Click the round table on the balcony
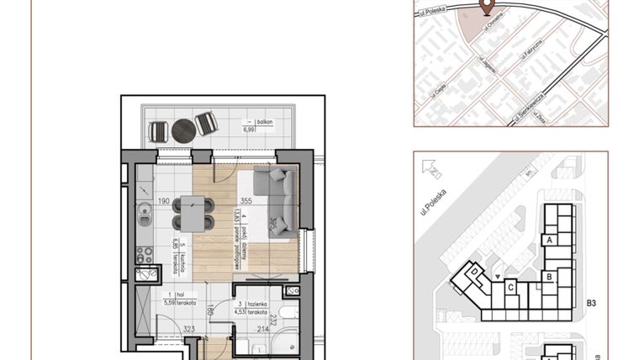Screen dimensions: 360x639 [183, 130]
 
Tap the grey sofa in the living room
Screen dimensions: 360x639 [278, 199]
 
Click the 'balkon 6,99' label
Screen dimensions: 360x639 [249, 127]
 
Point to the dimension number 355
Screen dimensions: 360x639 [246, 201]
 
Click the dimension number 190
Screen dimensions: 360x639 [165, 201]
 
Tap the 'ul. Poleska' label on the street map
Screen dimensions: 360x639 [430, 11]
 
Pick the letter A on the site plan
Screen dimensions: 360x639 [549, 240]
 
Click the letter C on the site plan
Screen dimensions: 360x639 [511, 287]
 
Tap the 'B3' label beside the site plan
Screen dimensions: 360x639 [591, 303]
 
